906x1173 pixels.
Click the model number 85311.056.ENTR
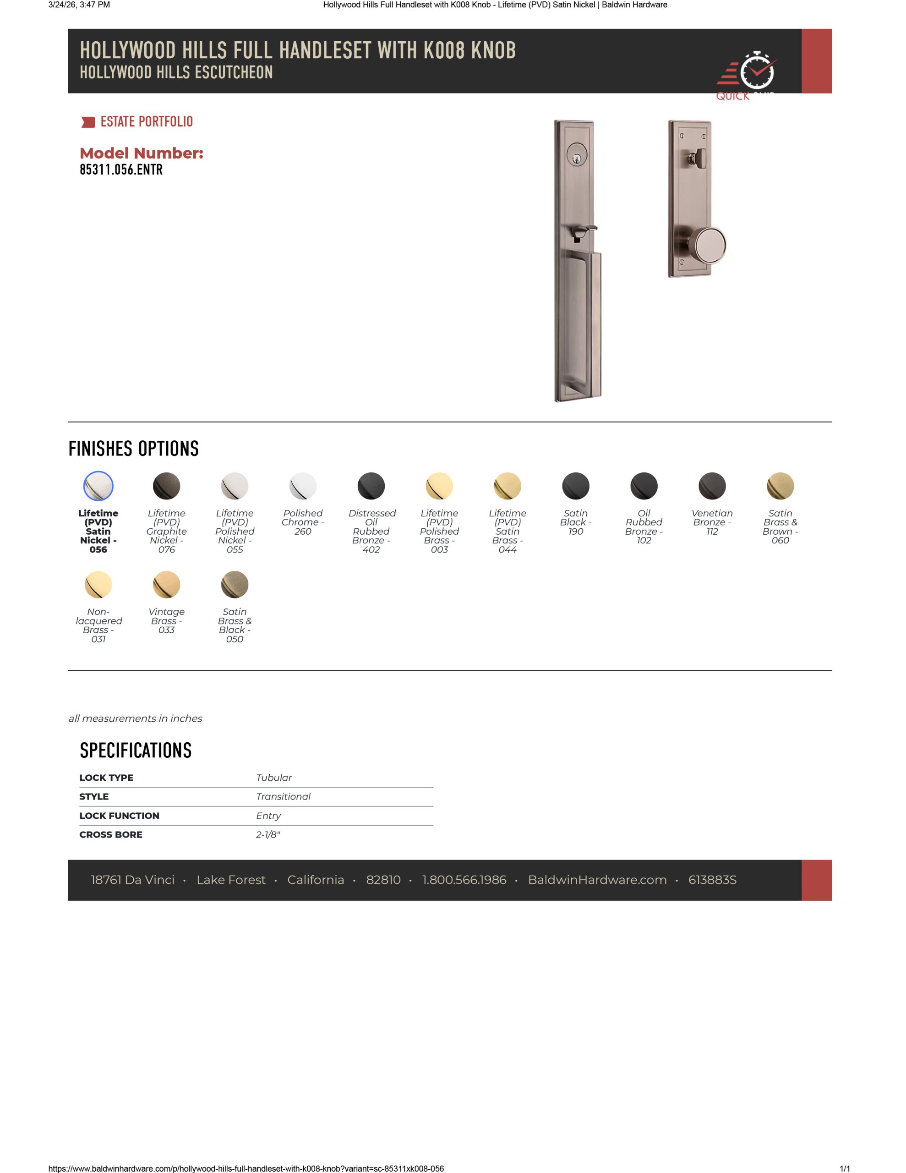121,170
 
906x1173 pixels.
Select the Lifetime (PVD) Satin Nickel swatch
98,486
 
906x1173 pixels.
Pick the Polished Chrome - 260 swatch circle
303,486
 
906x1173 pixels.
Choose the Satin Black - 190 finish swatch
576,486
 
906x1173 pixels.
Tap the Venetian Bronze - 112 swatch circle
712,486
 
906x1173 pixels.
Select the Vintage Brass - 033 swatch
166,584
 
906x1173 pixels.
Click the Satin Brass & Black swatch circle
235,584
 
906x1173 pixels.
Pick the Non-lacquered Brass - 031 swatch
98,584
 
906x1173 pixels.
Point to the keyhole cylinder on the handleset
577,156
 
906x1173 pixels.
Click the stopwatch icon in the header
757,71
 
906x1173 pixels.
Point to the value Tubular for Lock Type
274,777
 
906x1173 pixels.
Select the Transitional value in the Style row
283,796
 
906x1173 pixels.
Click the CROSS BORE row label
111,835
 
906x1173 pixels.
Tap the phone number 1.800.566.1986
464,880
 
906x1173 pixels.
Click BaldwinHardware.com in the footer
597,880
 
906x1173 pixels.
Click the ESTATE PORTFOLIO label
146,122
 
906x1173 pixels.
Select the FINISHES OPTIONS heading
134,449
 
